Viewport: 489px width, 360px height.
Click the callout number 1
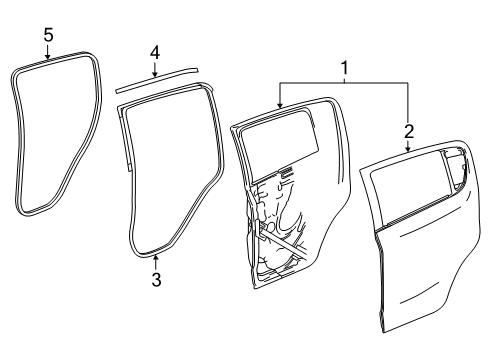point(344,68)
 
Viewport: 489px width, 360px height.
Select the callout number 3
point(155,281)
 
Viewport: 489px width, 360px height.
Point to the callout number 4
point(155,50)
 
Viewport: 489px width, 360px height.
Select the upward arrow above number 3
point(155,263)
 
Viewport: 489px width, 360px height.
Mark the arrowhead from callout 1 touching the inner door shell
point(279,103)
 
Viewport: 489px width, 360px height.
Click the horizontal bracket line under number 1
point(344,85)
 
